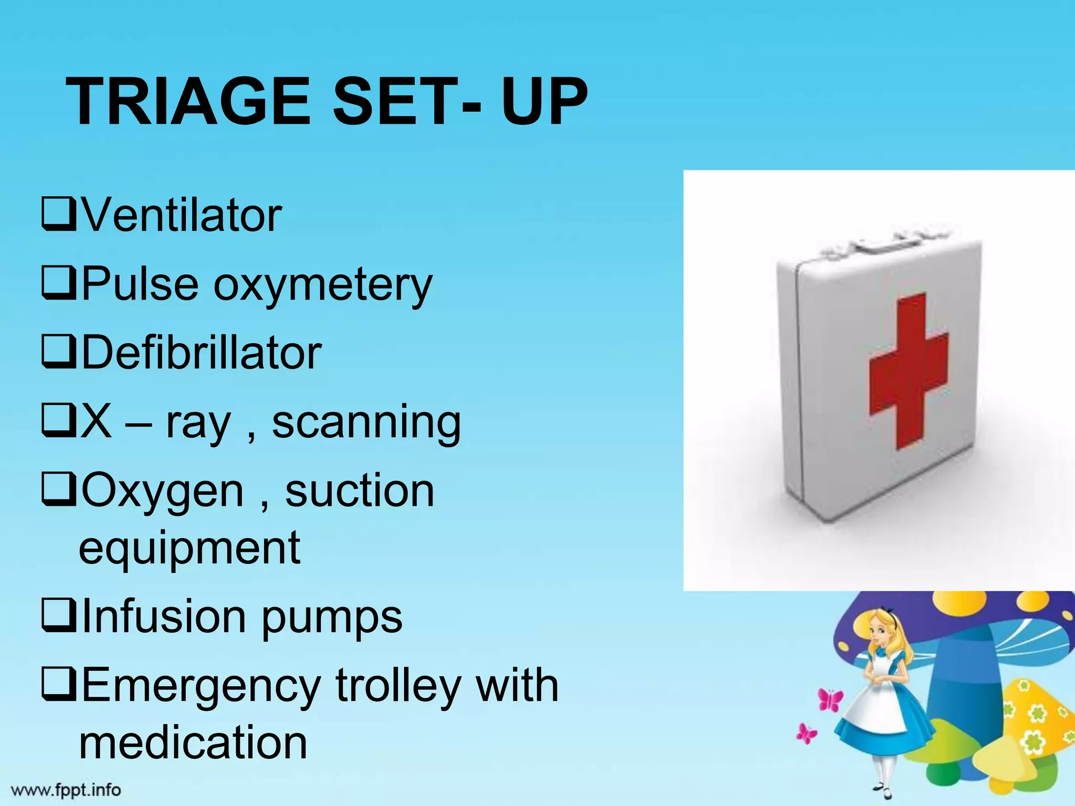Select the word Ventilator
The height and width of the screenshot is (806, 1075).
click(x=182, y=215)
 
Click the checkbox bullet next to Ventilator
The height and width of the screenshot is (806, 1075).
click(x=59, y=215)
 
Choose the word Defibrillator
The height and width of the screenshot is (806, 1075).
click(x=202, y=353)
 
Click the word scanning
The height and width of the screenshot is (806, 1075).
click(x=366, y=423)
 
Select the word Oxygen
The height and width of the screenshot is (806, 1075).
click(x=163, y=492)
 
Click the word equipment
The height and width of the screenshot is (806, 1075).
click(x=189, y=549)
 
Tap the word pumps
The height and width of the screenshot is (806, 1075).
click(x=332, y=618)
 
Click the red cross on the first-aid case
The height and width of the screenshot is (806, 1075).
click(x=908, y=370)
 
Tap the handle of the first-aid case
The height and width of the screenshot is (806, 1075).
click(x=887, y=242)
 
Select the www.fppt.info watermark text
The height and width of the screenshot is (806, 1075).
click(x=66, y=790)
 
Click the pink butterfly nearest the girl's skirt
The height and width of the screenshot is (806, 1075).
click(x=830, y=699)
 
